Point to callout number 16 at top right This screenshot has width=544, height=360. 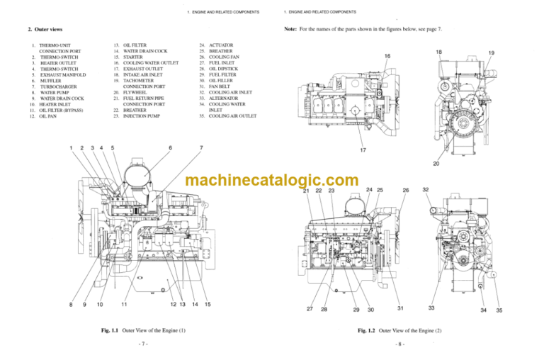coord(387,56)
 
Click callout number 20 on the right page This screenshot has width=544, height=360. coord(437,164)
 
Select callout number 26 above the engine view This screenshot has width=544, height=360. coord(406,190)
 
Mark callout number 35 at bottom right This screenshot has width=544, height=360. coord(499,310)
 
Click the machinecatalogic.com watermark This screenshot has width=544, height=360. coord(272,181)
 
